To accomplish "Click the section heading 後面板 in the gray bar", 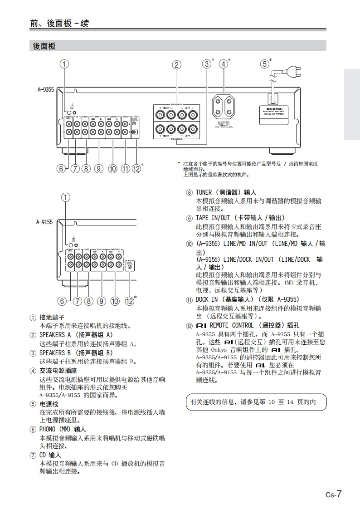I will pos(44,46).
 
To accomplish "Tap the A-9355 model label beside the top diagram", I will pos(45,90).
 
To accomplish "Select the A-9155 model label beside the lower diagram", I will pos(44,222).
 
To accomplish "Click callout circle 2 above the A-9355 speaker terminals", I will pos(176,64).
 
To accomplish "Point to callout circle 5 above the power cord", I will pos(264,64).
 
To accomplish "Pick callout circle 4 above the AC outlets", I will pos(223,64).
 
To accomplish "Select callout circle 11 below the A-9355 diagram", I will pos(126,169).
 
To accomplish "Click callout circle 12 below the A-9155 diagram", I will pos(130,300).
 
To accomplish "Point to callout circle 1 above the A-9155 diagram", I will pos(66,197).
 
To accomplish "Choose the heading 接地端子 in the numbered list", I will pos(52,317).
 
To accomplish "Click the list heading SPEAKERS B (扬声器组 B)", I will pos(76,352).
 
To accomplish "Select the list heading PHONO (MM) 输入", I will pos(63,429).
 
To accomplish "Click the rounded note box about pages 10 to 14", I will pos(256,402).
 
